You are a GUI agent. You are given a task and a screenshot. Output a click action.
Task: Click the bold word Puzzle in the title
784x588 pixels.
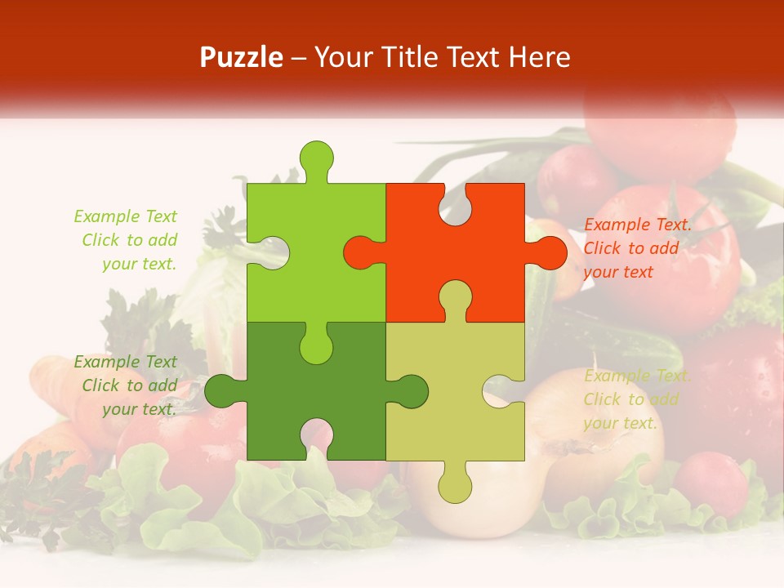[242, 57]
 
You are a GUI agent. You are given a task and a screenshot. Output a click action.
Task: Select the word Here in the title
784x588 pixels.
[538, 57]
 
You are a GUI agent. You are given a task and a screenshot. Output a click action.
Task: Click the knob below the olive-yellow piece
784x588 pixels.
[455, 483]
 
